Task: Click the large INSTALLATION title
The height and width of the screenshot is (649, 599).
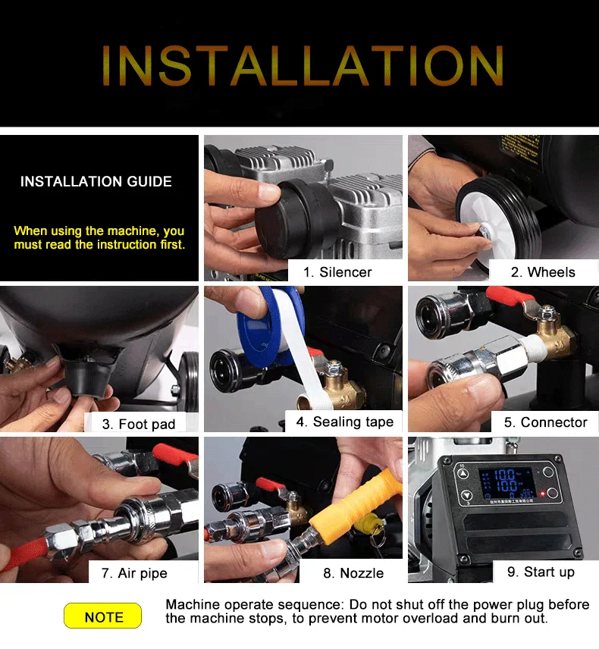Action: point(302,65)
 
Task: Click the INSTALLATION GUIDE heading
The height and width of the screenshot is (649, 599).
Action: point(96,182)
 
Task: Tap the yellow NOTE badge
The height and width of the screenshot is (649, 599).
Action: point(103,616)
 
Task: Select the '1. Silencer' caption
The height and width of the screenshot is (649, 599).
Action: point(337,272)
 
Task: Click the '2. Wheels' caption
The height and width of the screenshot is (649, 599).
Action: point(543,272)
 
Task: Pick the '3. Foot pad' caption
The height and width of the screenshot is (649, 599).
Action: point(143,424)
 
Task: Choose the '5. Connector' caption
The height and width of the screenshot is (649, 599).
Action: point(545,422)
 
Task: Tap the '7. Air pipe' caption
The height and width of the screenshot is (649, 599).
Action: point(134,573)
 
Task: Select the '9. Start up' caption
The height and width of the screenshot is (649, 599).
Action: point(541,572)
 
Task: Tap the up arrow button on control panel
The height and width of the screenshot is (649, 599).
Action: point(463,472)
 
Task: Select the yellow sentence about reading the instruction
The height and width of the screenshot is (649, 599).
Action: point(99,238)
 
